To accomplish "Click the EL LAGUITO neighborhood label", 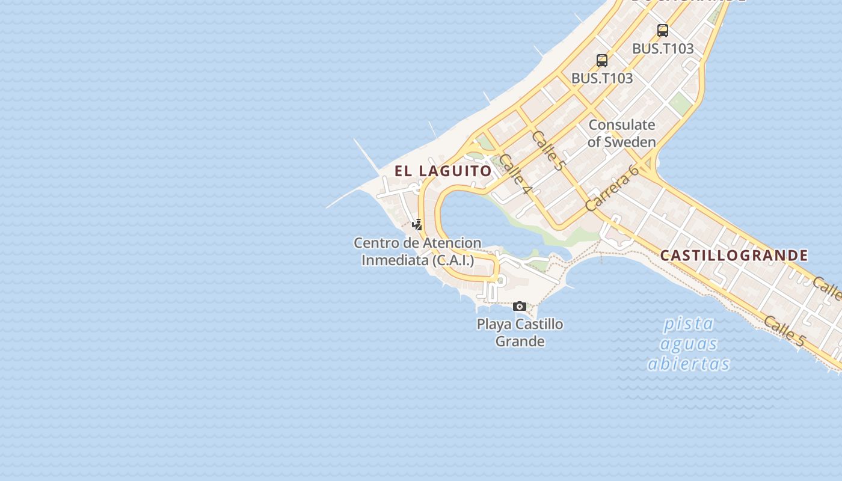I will point(443,171).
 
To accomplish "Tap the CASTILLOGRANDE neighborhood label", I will point(734,256).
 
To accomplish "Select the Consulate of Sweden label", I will point(621,133).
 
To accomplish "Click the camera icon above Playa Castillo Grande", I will point(520,307).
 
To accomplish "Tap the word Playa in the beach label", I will point(491,325).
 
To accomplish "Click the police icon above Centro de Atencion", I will point(417,225).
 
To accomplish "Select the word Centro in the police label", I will point(372,244).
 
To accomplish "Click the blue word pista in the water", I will point(688,324).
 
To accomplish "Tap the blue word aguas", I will point(689,344).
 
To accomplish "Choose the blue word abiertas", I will point(689,364).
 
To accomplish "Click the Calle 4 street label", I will point(516,174).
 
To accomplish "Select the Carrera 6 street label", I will point(612,188).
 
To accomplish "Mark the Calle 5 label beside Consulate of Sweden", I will point(548,150).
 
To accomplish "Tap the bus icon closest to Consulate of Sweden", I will point(602,61).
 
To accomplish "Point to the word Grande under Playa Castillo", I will point(520,342).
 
